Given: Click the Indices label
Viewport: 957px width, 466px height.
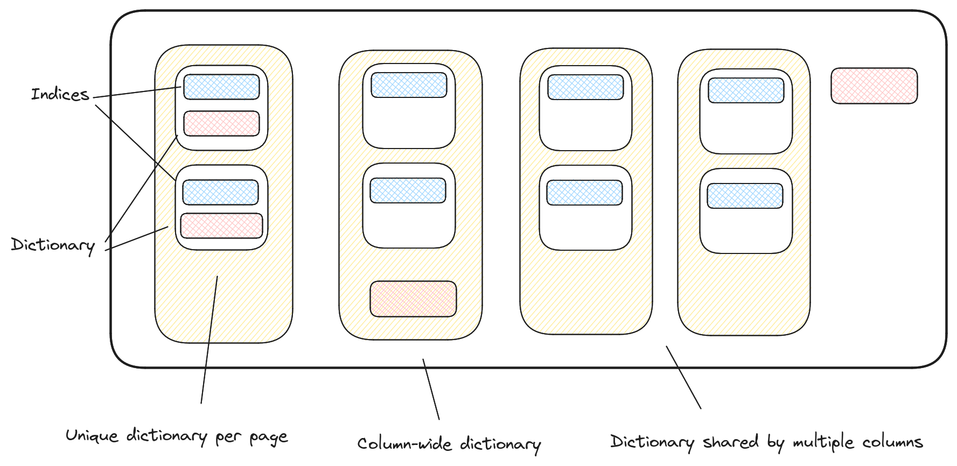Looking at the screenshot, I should [x=60, y=95].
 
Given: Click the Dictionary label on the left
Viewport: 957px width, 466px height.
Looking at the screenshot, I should [x=53, y=245].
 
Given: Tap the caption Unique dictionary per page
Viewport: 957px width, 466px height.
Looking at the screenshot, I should [x=177, y=436].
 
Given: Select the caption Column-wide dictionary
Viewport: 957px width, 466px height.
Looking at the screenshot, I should [x=449, y=444].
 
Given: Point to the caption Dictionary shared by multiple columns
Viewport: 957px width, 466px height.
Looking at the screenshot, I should [x=766, y=442].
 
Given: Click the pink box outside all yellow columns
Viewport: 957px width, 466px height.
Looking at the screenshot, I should [x=874, y=86].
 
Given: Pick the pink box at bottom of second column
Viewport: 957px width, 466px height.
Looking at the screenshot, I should [x=413, y=299].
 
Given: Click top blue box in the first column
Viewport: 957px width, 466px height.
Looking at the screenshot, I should [x=221, y=87].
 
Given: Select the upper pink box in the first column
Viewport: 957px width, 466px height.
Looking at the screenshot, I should [x=221, y=123].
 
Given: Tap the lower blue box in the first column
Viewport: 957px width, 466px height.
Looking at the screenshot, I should [x=220, y=192].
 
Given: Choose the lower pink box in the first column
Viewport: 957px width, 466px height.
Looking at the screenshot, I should [x=221, y=225].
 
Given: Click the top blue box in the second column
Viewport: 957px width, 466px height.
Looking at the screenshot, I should [x=409, y=85].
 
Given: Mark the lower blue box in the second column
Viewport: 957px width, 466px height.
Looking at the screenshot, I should [x=408, y=190].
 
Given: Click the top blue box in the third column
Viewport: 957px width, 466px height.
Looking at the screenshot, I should [x=585, y=87].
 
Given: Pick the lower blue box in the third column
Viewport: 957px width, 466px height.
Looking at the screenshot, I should [x=584, y=193].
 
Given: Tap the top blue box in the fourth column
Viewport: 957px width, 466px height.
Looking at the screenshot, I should [x=746, y=90].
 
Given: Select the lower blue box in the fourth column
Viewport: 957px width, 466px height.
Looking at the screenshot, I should [x=745, y=196].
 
